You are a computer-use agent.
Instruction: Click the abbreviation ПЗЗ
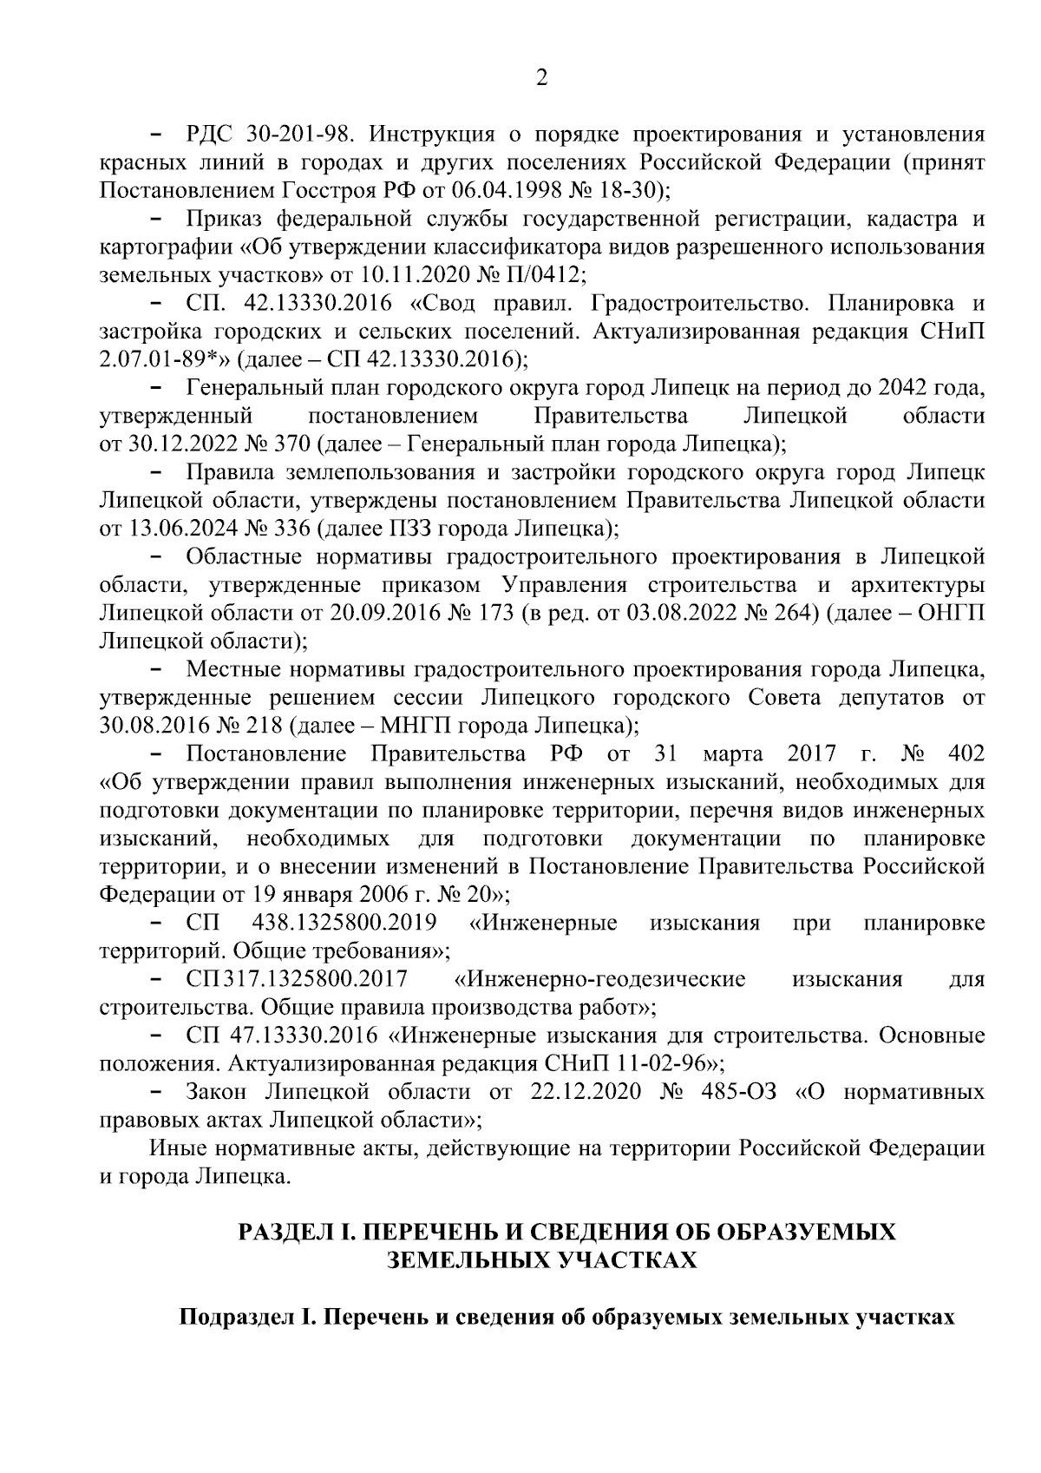coord(416,529)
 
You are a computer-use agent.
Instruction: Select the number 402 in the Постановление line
coord(967,753)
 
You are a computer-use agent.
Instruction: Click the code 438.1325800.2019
coord(344,923)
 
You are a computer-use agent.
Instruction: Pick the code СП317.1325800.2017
coord(297,979)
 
